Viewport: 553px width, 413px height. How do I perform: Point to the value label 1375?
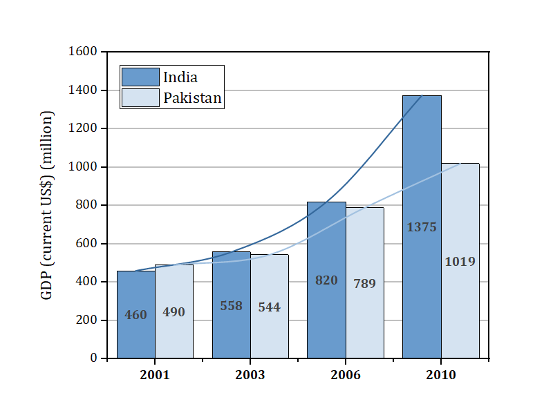[422, 227]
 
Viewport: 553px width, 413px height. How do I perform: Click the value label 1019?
[460, 262]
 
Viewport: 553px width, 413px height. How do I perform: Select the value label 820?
[326, 280]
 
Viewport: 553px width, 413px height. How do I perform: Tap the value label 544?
[269, 307]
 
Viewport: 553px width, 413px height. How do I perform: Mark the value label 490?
[174, 312]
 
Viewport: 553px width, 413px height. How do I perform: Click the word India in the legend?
[180, 77]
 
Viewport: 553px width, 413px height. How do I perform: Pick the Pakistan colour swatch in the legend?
[140, 98]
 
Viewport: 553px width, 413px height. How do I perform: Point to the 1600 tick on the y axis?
[82, 52]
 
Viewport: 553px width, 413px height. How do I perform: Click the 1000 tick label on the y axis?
[82, 167]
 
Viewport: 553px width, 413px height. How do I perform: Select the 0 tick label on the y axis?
[93, 358]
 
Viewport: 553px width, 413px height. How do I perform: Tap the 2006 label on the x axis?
[345, 375]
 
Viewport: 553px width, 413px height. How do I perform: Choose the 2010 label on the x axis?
[440, 375]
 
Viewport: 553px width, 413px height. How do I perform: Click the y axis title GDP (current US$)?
[47, 205]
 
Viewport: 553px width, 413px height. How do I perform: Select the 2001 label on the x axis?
[154, 375]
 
